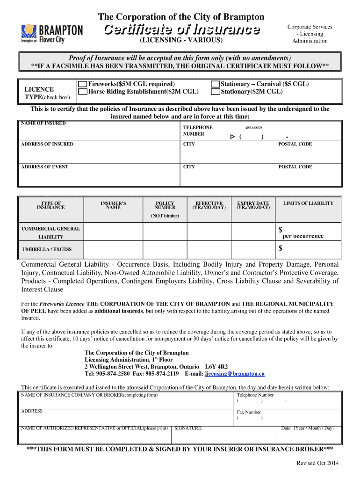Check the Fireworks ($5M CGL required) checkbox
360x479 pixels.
coord(82,84)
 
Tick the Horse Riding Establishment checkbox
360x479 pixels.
coord(82,92)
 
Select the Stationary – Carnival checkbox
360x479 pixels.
coord(215,84)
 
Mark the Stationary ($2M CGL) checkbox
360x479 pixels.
coord(215,92)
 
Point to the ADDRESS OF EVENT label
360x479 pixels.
coord(45,167)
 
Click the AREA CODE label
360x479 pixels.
coord(253,128)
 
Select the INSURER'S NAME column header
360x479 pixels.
coord(113,205)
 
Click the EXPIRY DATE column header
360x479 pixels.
coord(253,205)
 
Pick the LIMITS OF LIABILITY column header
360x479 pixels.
coord(308,203)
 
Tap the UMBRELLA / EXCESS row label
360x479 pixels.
coord(47,249)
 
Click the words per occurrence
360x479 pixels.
coord(302,236)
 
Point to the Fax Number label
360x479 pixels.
coord(249,412)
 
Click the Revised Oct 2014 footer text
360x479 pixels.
coord(318,463)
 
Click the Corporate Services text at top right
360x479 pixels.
coord(310,27)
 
